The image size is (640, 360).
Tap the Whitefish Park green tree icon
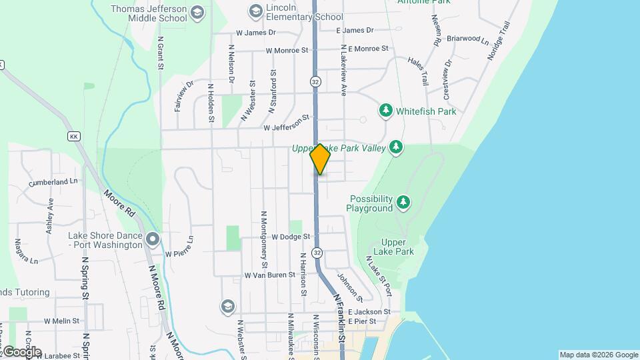pos(385,111)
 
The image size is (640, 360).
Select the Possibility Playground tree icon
pos(403,201)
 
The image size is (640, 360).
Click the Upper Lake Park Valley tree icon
pos(397,147)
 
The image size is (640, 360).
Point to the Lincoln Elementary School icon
pos(254,11)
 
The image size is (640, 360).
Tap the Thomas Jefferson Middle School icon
pos(197,13)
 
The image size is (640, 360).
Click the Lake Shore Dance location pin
pos(153,239)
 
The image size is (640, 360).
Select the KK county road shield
pos(74,136)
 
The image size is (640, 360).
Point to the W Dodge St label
pos(287,237)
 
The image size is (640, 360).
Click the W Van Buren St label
pos(269,275)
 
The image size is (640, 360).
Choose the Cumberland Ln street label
pos(53,181)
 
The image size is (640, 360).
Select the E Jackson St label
pos(369,311)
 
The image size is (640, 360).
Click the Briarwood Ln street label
pos(468,39)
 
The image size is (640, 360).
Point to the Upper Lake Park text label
pos(398,247)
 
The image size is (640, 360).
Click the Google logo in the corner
pos(21,351)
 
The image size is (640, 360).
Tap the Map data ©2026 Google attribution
pos(598,355)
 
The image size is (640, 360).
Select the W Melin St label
pos(62,321)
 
